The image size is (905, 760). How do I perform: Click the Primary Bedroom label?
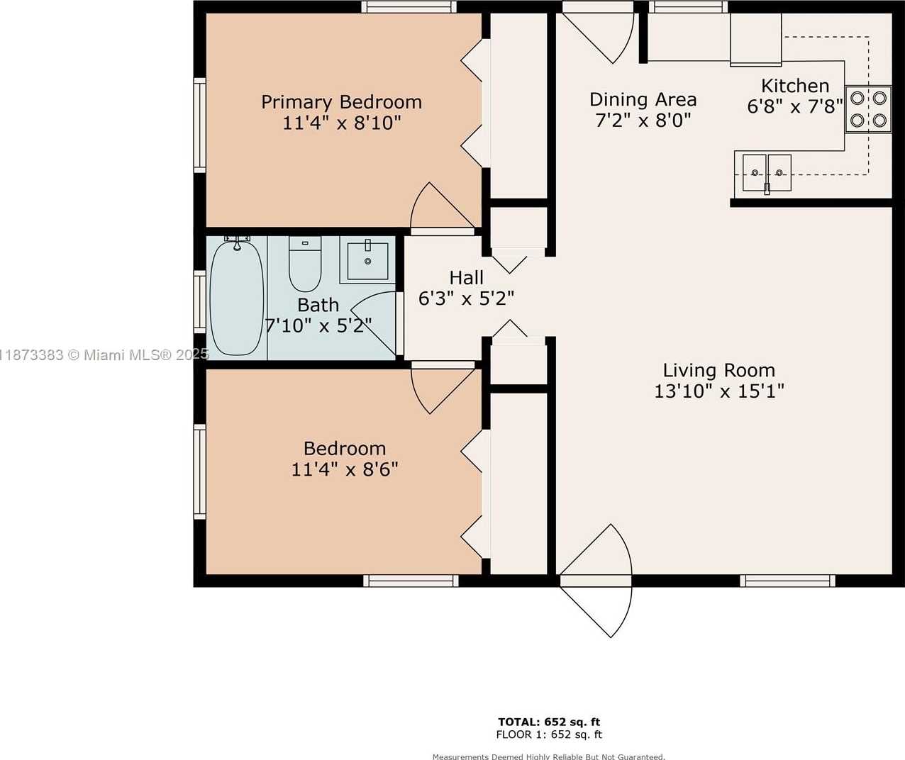(x=341, y=103)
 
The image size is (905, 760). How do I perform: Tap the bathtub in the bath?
(x=237, y=298)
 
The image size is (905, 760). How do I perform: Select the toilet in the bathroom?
(x=305, y=264)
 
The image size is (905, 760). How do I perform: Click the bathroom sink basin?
(x=367, y=261)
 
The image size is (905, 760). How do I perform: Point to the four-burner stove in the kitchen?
(x=868, y=109)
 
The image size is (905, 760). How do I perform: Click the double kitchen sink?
(x=767, y=173)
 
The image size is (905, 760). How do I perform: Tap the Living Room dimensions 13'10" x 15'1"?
(x=719, y=392)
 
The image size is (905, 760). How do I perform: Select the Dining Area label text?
(x=643, y=100)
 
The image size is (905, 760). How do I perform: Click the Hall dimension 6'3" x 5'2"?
(x=467, y=298)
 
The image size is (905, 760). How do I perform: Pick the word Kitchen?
(x=795, y=86)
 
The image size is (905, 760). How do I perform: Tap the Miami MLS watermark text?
(x=104, y=355)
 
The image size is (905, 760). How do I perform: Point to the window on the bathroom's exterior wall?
(x=199, y=302)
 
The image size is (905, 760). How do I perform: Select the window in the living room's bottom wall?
(x=787, y=581)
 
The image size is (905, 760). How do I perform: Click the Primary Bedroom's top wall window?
(x=409, y=7)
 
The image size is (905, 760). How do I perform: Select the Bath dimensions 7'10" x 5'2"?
(x=318, y=326)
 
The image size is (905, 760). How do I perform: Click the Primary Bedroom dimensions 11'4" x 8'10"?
(x=342, y=123)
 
